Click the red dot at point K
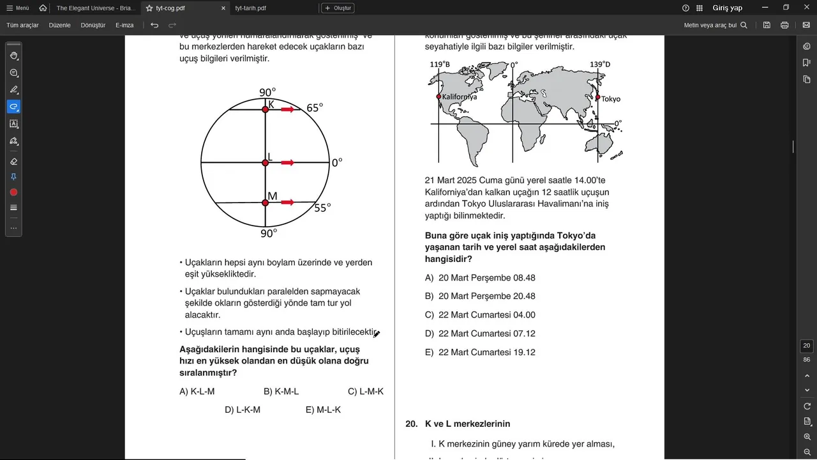pyautogui.click(x=266, y=110)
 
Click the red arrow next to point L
pyautogui.click(x=287, y=163)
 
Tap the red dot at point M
pyautogui.click(x=266, y=203)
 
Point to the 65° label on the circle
pyautogui.click(x=315, y=108)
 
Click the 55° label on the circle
pyautogui.click(x=322, y=208)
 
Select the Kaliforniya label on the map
pyautogui.click(x=460, y=97)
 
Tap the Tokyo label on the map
pyautogui.click(x=611, y=99)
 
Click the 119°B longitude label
pyautogui.click(x=440, y=65)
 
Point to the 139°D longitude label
pyautogui.click(x=600, y=65)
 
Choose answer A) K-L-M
pyautogui.click(x=197, y=392)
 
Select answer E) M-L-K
pyautogui.click(x=323, y=410)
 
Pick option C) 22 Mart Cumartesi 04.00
pyautogui.click(x=480, y=315)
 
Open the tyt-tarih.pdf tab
pyautogui.click(x=251, y=8)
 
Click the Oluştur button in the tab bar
pyautogui.click(x=338, y=8)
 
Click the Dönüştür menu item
pyautogui.click(x=93, y=25)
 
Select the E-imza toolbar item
pyautogui.click(x=124, y=25)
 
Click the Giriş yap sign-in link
pyautogui.click(x=728, y=8)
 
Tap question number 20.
pyautogui.click(x=412, y=424)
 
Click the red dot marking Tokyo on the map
pyautogui.click(x=598, y=98)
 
